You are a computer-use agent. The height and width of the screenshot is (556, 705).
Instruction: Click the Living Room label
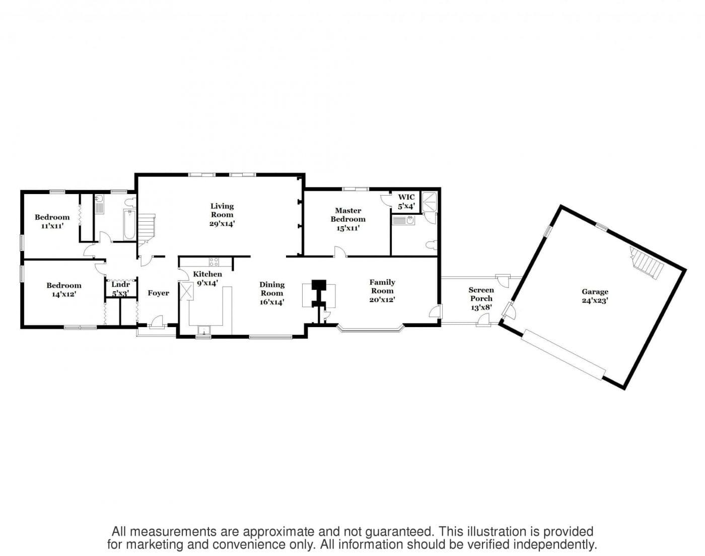click(x=222, y=210)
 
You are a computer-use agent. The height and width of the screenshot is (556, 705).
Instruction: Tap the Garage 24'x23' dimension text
click(x=595, y=300)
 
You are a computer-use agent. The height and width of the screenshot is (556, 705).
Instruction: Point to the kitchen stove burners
click(x=214, y=262)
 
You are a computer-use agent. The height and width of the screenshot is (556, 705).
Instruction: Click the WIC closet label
click(x=406, y=197)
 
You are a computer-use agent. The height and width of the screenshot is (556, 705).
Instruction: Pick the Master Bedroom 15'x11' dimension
click(x=348, y=228)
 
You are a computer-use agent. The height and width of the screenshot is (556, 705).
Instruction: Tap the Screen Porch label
click(x=481, y=294)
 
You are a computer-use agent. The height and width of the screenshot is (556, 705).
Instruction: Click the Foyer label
click(x=158, y=293)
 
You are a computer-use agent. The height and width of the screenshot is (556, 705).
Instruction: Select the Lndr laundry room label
click(x=120, y=284)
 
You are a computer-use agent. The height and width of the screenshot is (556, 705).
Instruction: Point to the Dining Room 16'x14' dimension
click(x=271, y=302)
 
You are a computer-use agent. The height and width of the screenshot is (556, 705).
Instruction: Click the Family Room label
click(x=382, y=286)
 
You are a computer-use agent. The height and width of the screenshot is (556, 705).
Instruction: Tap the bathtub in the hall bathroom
click(x=129, y=225)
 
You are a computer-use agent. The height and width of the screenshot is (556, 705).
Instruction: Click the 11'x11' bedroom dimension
click(x=52, y=226)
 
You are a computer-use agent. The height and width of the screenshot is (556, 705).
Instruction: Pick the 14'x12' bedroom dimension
click(x=64, y=294)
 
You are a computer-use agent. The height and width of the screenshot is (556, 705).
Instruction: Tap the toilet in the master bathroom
click(x=432, y=244)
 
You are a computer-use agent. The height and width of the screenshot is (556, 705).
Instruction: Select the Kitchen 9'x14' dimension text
click(x=207, y=282)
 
